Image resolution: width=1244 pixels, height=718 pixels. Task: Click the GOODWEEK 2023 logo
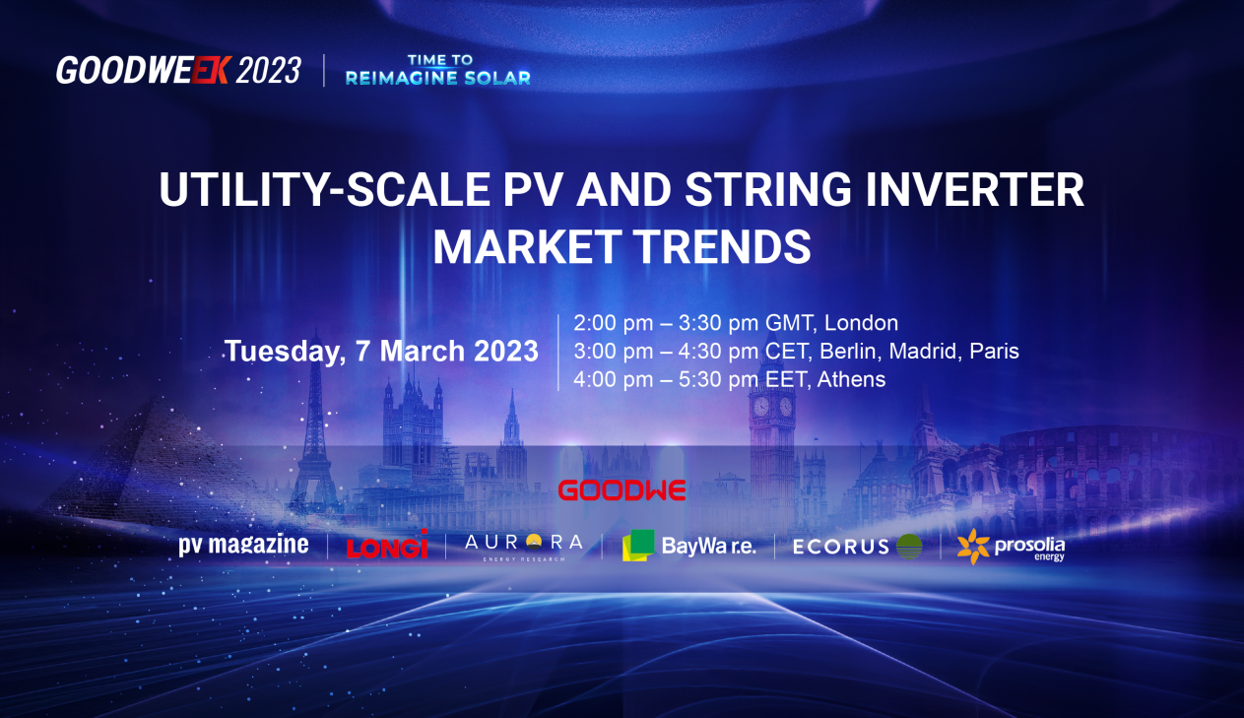(x=178, y=71)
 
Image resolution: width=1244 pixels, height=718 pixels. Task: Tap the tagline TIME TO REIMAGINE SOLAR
(x=438, y=70)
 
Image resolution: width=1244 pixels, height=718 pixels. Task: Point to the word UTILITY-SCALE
(x=324, y=189)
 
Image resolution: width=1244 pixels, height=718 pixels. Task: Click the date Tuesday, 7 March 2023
(x=381, y=352)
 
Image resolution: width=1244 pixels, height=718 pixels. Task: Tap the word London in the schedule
(x=862, y=323)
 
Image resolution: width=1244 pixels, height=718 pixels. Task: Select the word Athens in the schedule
(x=851, y=379)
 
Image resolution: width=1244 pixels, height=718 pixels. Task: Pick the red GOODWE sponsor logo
(x=622, y=490)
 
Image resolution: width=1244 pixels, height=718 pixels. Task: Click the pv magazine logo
(x=243, y=545)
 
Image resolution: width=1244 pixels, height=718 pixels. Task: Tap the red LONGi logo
(x=387, y=545)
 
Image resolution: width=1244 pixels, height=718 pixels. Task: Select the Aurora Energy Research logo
(x=524, y=546)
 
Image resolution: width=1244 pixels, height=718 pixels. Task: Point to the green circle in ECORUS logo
(x=909, y=547)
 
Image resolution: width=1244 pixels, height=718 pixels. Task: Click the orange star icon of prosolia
(x=973, y=547)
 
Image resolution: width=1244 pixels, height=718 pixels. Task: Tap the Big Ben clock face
(x=760, y=407)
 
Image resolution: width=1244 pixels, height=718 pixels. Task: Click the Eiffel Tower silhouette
(x=315, y=422)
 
